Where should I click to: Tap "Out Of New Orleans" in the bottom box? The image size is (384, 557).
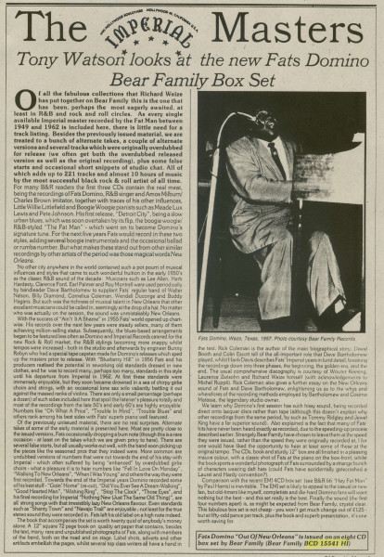264,525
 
